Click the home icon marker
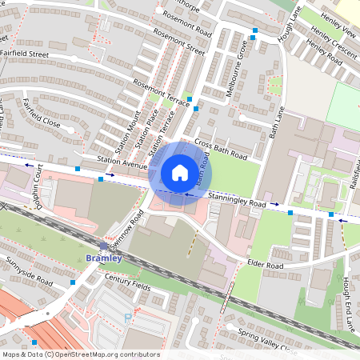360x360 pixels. [180, 172]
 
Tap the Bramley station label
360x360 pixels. [103, 258]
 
